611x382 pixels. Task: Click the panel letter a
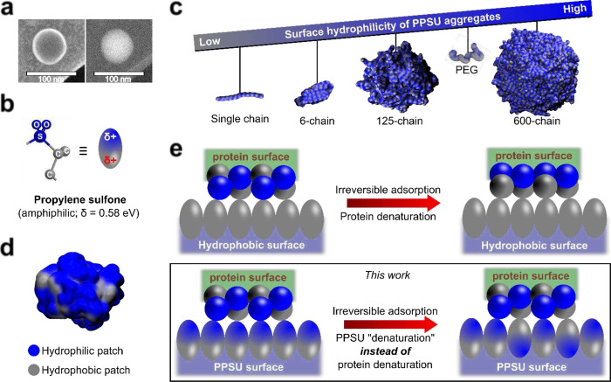click(x=9, y=9)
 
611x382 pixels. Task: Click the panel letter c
click(x=200, y=9)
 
